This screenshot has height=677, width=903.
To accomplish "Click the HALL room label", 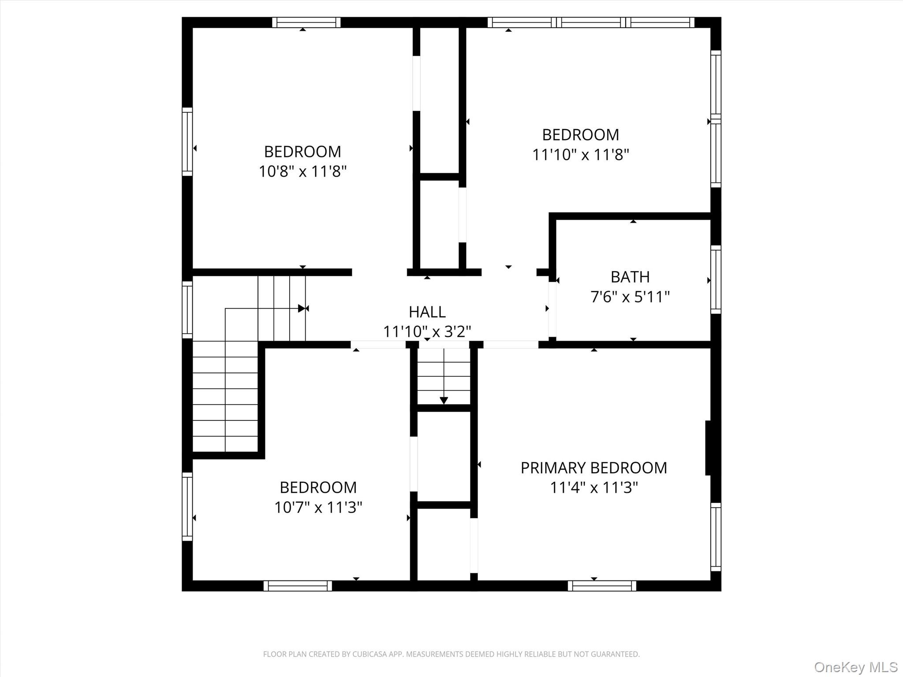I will point(427,312).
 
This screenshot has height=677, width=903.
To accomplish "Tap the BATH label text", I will point(630,277).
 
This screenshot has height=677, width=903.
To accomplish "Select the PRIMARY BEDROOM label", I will point(593,468).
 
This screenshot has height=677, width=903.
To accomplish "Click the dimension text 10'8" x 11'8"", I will point(302,171).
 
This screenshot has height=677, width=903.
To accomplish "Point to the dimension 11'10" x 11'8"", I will point(580,155).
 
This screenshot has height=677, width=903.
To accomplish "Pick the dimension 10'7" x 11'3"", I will point(318,507).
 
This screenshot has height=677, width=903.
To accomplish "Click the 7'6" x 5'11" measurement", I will point(630,297).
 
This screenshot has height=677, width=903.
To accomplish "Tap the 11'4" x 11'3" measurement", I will point(593,487).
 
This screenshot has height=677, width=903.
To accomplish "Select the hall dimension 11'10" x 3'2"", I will point(427,331).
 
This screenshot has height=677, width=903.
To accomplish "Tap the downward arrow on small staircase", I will point(444,400).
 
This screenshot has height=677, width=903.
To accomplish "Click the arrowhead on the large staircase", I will point(302,308).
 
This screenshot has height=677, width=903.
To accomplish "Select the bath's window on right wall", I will point(716,279).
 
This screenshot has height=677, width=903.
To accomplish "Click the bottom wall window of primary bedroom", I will point(601,586).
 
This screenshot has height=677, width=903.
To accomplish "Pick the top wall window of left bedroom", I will point(306,22).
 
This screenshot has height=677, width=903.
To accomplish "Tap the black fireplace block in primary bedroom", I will point(709,448).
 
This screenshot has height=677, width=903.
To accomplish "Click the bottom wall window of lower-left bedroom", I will point(298,586).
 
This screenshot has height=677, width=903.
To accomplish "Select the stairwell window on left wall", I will point(187,309).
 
